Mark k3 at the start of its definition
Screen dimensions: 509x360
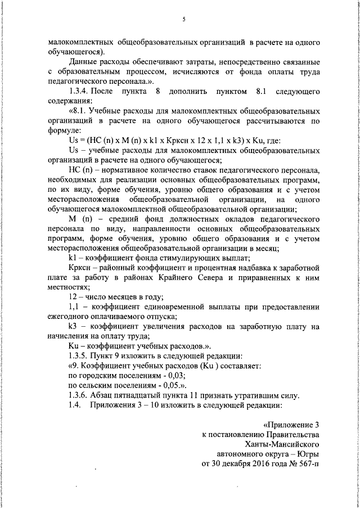click(72, 327)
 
